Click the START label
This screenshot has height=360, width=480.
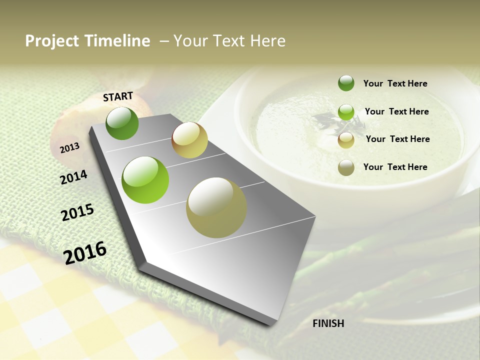tap(118, 96)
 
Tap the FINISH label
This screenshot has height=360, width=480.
tap(328, 323)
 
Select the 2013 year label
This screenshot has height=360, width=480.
tap(69, 147)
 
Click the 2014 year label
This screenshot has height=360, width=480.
tap(73, 177)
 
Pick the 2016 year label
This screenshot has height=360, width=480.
tap(85, 252)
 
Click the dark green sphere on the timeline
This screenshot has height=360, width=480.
tap(122, 123)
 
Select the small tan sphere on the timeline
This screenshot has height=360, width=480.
tap(189, 140)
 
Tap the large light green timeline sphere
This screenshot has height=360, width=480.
tap(145, 180)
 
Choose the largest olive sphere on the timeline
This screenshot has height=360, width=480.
tap(216, 207)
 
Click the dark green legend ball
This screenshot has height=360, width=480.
tap(346, 83)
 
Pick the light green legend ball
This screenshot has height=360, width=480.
tap(346, 112)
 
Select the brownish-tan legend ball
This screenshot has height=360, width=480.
tap(346, 140)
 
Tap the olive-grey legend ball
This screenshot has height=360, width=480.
tap(346, 167)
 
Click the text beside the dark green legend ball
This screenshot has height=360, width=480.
tap(395, 83)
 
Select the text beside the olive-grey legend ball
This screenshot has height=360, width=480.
tap(395, 167)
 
